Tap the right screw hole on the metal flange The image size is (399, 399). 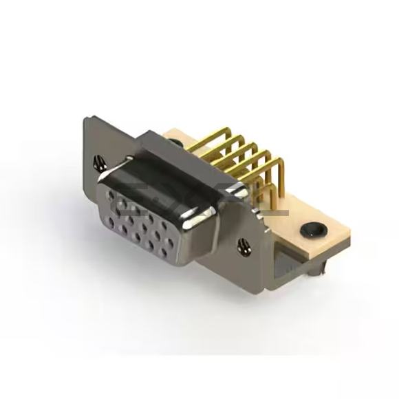click(x=242, y=244)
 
